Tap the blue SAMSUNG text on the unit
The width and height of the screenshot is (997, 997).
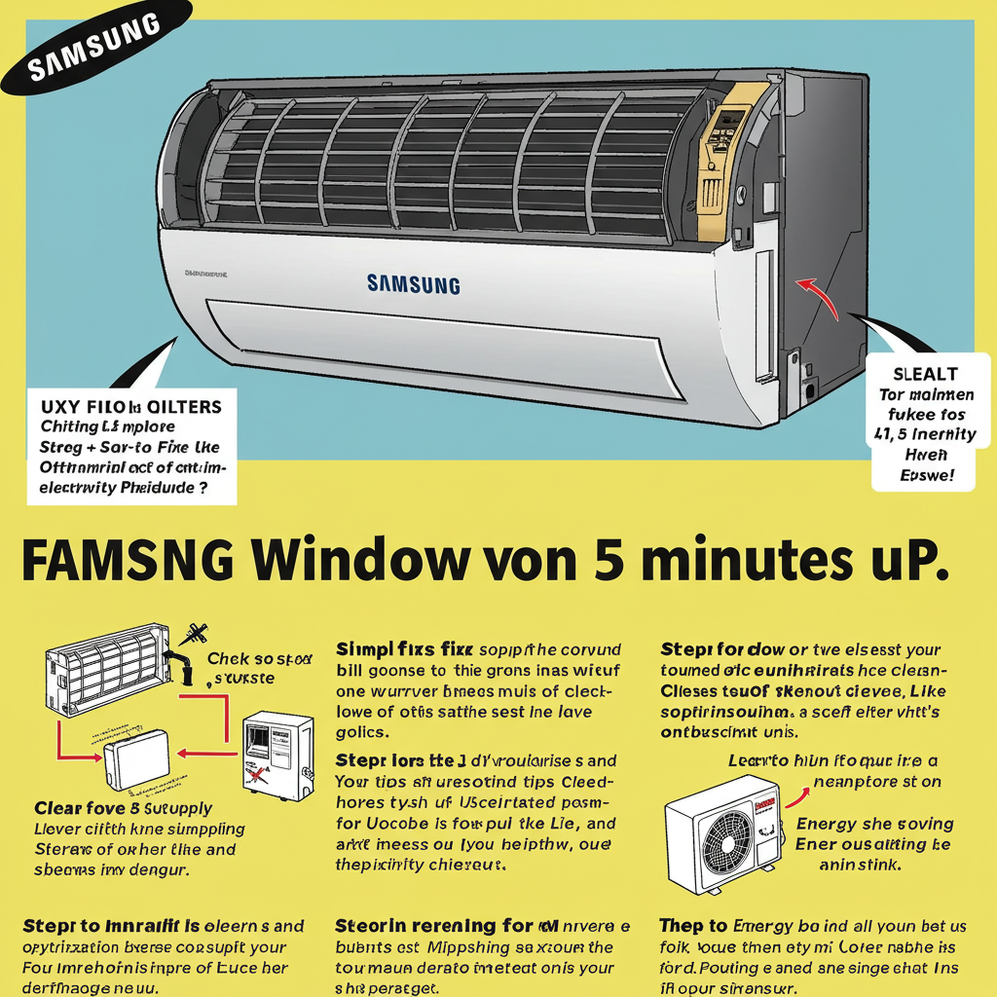[414, 284]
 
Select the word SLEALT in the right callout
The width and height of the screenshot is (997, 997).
[924, 374]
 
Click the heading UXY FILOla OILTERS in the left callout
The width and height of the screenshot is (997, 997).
[131, 406]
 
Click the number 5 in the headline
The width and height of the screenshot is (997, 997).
[602, 563]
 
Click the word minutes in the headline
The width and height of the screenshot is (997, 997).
[740, 563]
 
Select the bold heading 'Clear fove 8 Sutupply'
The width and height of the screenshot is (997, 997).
[123, 808]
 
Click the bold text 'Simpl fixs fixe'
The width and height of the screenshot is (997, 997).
[404, 647]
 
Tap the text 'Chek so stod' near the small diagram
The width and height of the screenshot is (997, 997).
[259, 659]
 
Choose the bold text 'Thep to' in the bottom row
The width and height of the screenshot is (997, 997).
[692, 925]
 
